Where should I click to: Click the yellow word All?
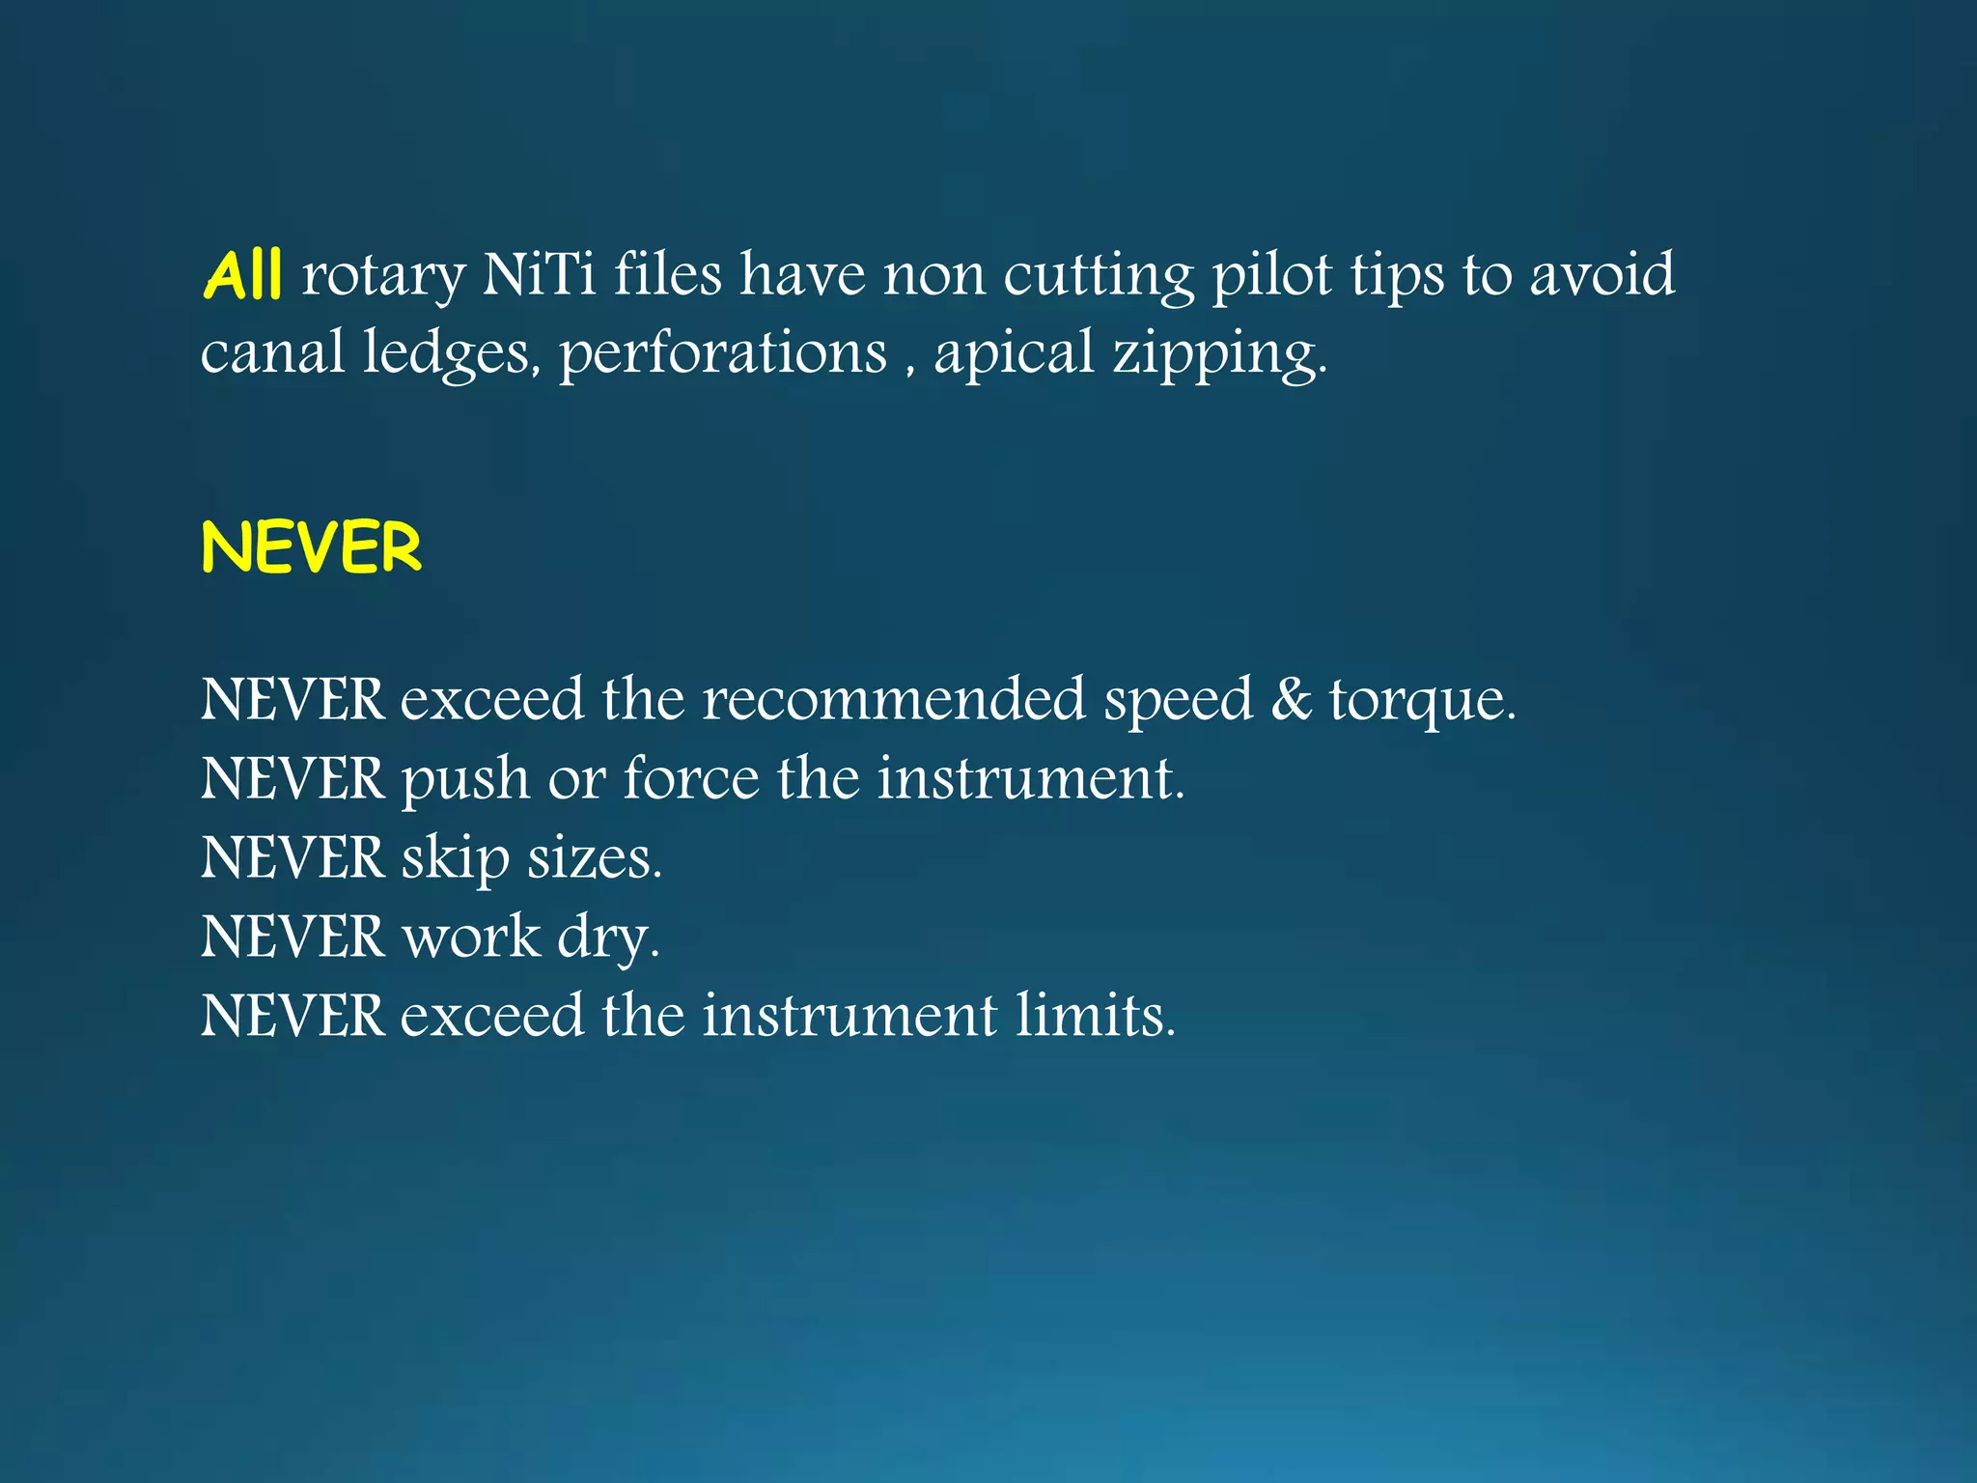click(x=242, y=274)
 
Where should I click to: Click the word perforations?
click(x=723, y=353)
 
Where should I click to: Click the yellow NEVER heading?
click(x=312, y=547)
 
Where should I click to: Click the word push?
click(x=465, y=780)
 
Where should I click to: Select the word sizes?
click(x=594, y=857)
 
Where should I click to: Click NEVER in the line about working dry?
click(x=292, y=937)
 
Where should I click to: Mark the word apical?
click(x=1015, y=353)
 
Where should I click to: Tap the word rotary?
click(x=384, y=276)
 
